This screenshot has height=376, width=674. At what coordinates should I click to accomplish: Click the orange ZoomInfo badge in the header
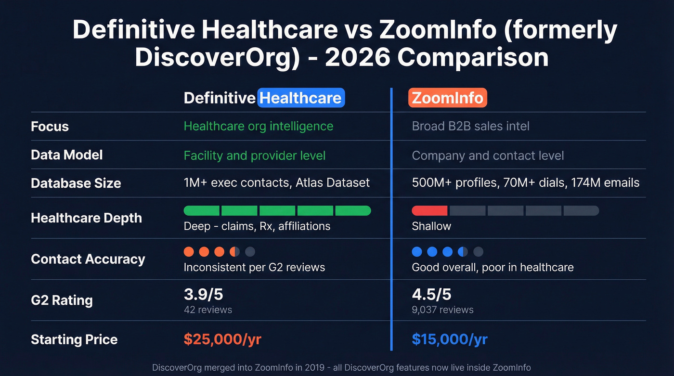(x=447, y=98)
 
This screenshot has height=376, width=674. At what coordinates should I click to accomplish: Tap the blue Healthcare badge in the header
(x=301, y=98)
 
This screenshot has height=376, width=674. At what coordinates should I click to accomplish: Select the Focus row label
(x=50, y=127)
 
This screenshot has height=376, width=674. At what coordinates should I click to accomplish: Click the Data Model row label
(x=66, y=155)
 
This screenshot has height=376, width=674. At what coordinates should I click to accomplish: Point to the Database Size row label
(x=76, y=183)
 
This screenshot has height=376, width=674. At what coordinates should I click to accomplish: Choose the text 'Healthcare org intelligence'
(x=258, y=126)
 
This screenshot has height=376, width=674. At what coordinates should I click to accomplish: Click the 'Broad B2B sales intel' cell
(x=470, y=126)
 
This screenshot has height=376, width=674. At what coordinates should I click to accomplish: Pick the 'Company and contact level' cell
(x=488, y=156)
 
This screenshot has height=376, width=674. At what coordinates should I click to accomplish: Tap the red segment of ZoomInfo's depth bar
(x=429, y=210)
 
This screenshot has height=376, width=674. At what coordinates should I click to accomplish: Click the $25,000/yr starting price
(x=222, y=339)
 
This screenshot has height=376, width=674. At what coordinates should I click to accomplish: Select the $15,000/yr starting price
(x=450, y=339)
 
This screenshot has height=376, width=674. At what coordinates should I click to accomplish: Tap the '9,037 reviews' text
(x=442, y=310)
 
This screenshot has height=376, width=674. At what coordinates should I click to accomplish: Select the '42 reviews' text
(x=207, y=310)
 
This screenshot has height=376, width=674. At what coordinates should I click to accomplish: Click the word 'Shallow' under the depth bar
(x=431, y=226)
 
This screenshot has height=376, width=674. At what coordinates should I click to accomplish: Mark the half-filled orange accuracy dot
(x=234, y=251)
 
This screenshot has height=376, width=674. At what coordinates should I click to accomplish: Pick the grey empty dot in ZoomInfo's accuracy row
(x=478, y=251)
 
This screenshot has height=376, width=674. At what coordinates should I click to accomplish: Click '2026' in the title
(x=357, y=57)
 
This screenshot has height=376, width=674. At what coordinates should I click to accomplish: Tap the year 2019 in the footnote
(x=315, y=367)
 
